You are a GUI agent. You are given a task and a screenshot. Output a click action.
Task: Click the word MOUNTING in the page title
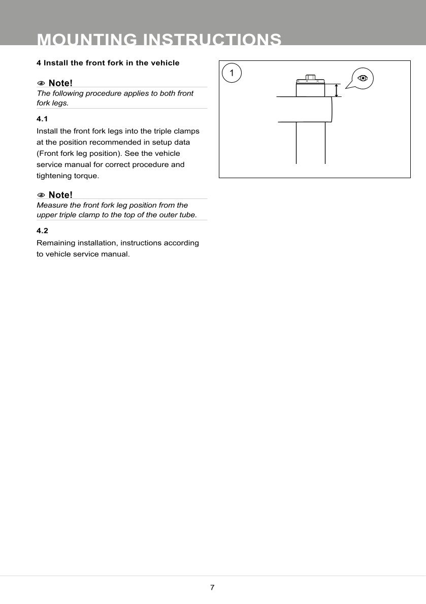point(87,40)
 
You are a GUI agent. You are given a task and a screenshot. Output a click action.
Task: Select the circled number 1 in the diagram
point(232,73)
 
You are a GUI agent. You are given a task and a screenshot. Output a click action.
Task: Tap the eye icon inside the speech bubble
point(362,78)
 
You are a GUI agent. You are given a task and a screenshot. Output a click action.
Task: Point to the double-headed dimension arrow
point(336,90)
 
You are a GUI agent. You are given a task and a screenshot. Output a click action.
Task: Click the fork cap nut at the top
point(310,79)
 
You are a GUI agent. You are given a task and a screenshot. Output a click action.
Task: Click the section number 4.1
point(42,119)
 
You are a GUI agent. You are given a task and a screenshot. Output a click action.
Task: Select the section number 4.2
point(42,230)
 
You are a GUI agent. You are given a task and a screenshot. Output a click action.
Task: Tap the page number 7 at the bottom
point(212,588)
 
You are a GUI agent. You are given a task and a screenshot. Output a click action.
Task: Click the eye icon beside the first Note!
point(41,83)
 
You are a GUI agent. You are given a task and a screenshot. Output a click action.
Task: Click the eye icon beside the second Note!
point(41,195)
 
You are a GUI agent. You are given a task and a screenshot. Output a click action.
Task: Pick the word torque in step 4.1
point(85,176)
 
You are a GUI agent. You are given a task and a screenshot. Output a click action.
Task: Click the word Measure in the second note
point(52,205)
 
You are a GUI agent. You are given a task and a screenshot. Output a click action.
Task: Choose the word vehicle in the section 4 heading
point(163,63)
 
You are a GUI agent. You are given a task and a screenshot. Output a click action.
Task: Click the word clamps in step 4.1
point(186,131)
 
